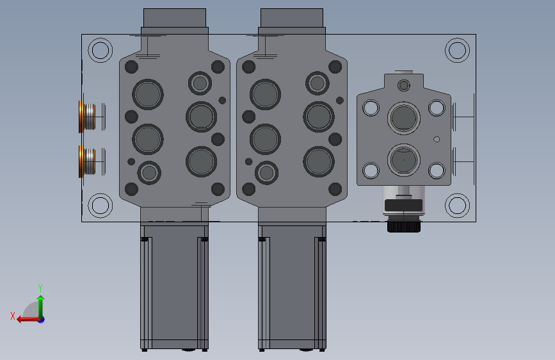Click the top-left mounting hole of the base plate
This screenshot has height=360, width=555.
pos(100,51)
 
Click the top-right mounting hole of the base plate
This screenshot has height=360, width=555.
pos(457,51)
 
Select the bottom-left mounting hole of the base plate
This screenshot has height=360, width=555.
pos(100,206)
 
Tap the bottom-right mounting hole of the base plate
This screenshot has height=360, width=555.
pos(457,206)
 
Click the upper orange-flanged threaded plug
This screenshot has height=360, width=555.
pos(87,117)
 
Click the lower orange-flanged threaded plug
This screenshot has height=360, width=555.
pos(87,161)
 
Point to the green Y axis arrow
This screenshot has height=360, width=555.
pos(41,307)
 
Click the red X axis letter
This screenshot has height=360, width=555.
pos(13,316)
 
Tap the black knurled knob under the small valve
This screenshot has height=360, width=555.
pos(404,226)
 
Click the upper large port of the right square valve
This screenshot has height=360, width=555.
pos(404,118)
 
